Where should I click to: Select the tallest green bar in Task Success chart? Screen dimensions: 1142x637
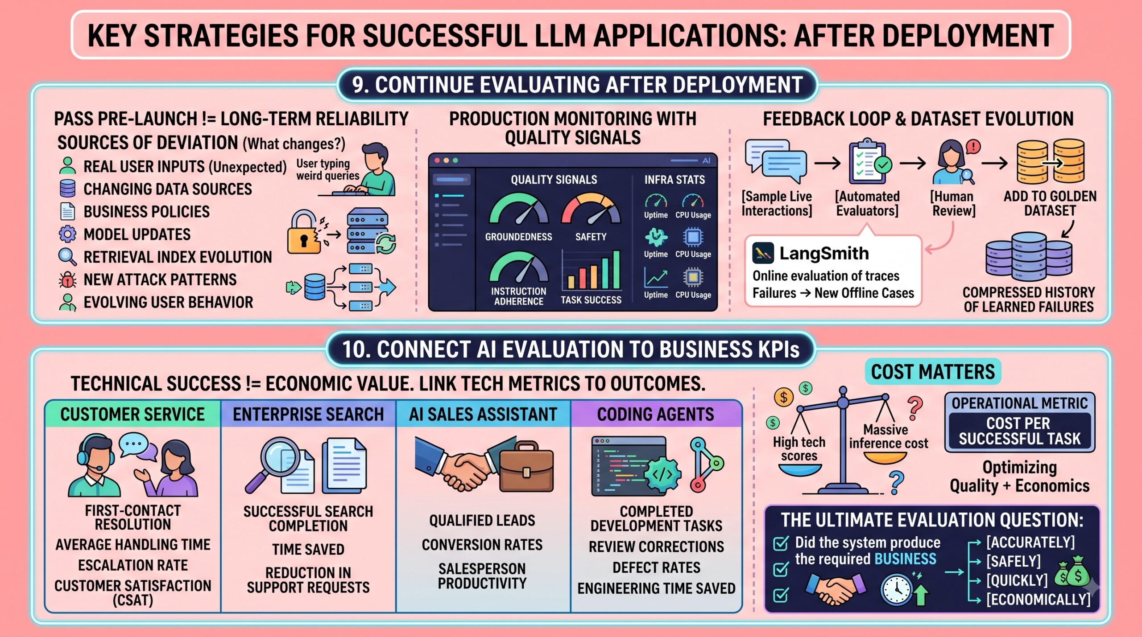click(616, 270)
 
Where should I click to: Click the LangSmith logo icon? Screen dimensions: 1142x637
click(763, 253)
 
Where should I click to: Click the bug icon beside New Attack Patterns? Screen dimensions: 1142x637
click(67, 280)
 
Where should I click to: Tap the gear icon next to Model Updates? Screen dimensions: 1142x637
click(67, 234)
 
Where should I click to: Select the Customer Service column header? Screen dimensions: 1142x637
click(132, 414)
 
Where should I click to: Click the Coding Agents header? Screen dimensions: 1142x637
click(656, 414)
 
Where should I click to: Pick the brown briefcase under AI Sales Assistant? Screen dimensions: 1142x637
click(526, 466)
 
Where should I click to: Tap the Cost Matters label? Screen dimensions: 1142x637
click(933, 372)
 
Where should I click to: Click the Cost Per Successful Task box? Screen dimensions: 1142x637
click(1020, 431)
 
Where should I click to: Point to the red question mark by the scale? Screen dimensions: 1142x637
click(914, 408)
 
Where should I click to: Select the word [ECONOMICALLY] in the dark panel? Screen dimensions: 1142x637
click(1038, 600)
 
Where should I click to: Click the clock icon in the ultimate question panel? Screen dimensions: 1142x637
click(897, 589)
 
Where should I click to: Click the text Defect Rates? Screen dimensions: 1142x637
click(656, 567)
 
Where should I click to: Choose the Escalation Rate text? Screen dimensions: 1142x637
click(133, 565)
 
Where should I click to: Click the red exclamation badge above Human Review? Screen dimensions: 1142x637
click(973, 146)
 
